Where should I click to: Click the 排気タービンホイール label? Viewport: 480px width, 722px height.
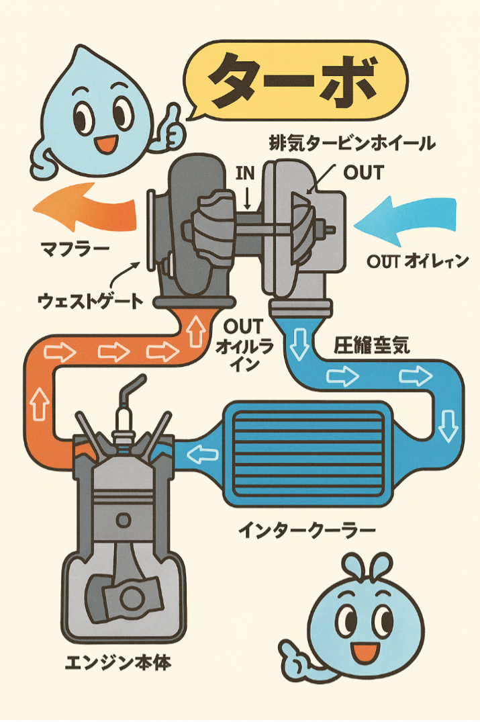point(352,143)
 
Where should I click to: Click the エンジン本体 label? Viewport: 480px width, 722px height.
point(118,663)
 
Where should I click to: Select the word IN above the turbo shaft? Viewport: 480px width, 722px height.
point(246,173)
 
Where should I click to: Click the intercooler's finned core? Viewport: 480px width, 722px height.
point(308,454)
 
